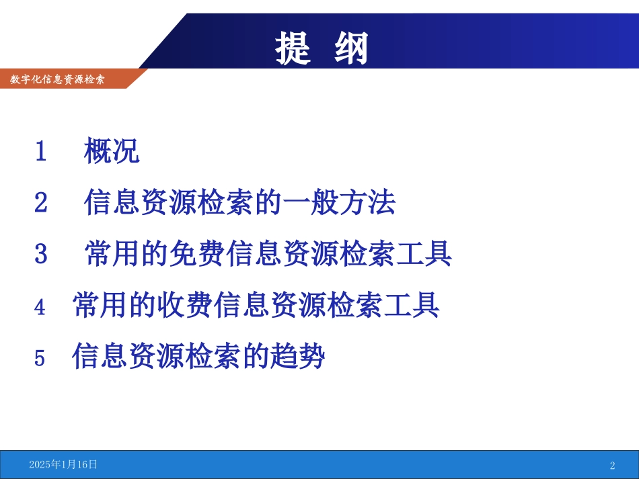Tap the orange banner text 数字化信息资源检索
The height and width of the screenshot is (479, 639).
click(x=58, y=79)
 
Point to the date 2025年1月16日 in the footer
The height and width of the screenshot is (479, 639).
click(x=63, y=464)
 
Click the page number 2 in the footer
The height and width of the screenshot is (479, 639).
click(x=612, y=466)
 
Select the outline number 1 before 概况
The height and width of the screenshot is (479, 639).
click(x=41, y=151)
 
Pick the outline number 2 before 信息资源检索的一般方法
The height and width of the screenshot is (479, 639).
click(x=41, y=203)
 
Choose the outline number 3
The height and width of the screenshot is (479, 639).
click(x=41, y=255)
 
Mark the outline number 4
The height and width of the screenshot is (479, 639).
click(x=40, y=307)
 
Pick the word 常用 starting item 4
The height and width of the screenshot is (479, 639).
click(x=100, y=306)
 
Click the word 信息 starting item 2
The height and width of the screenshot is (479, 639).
click(x=112, y=202)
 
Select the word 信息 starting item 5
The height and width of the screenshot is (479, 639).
click(x=100, y=357)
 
